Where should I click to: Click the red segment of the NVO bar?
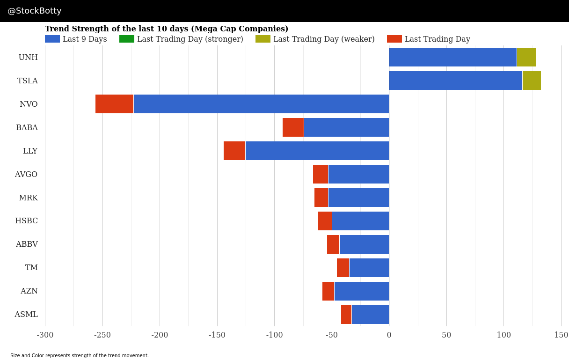click(x=114, y=104)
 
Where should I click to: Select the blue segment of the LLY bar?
click(x=317, y=151)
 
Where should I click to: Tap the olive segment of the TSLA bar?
click(x=532, y=81)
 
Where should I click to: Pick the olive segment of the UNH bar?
click(x=526, y=57)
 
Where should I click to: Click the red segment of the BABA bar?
click(x=293, y=127)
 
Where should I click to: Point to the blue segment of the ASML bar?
click(x=370, y=315)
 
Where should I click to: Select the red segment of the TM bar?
click(x=343, y=268)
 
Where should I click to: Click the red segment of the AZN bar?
click(x=328, y=291)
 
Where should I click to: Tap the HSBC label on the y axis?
click(x=26, y=221)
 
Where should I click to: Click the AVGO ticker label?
click(x=26, y=175)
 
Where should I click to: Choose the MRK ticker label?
click(x=28, y=198)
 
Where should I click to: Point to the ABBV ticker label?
click(x=27, y=244)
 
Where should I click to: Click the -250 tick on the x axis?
click(x=102, y=335)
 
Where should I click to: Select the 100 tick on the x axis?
click(x=503, y=335)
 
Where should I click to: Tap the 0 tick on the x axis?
click(x=389, y=335)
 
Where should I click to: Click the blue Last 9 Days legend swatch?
click(x=52, y=39)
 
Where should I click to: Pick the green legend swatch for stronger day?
click(x=127, y=39)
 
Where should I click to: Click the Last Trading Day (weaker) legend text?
click(x=324, y=39)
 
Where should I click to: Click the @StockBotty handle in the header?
click(x=35, y=11)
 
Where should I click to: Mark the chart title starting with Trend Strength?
click(x=167, y=29)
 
